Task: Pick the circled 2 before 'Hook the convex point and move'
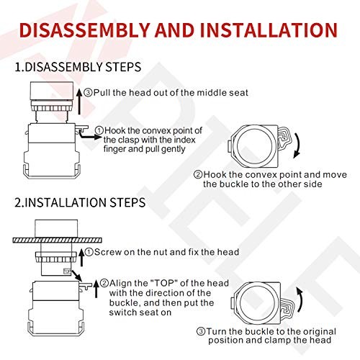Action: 198,174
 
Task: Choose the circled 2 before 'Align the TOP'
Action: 104,283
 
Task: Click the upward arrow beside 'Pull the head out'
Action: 78,91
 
